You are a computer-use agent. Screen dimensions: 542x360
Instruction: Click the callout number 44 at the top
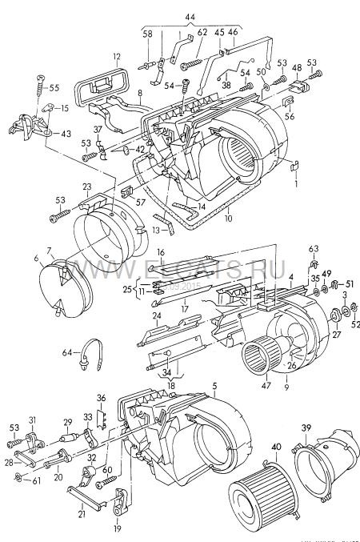point(189,17)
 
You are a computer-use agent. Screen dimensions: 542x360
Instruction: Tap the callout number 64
point(67,351)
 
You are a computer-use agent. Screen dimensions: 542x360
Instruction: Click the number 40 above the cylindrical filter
point(277,447)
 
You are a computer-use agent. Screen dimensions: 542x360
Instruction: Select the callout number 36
point(101,397)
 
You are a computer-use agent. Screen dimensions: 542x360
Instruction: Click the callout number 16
point(160,253)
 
